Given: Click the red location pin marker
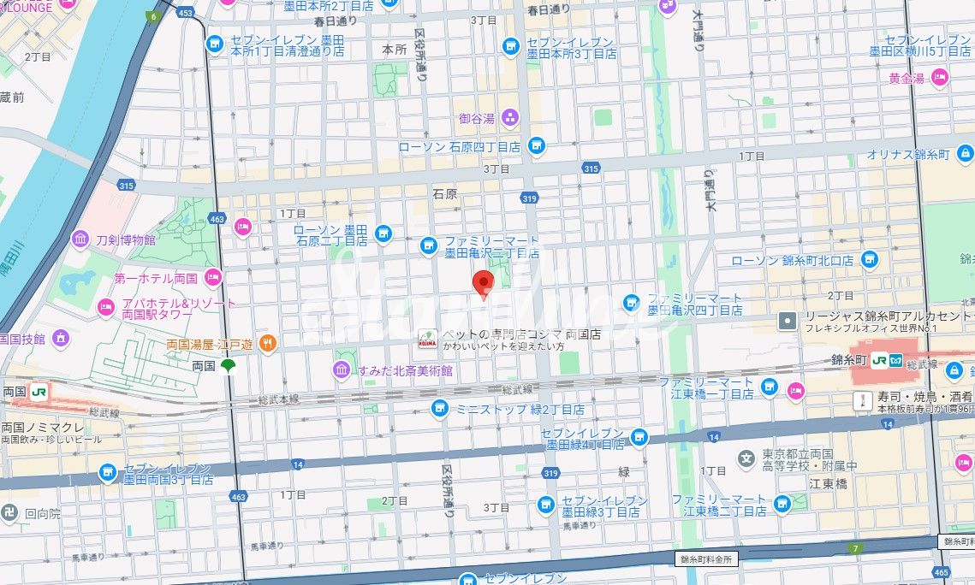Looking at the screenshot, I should pyautogui.click(x=484, y=283).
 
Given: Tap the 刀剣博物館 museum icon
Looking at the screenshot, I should pyautogui.click(x=81, y=239).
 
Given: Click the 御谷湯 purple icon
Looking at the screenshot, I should pyautogui.click(x=510, y=118).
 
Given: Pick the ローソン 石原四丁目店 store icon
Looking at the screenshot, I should pyautogui.click(x=536, y=146).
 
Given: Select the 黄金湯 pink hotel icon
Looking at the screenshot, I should pyautogui.click(x=941, y=79).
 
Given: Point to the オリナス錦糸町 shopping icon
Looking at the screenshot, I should pyautogui.click(x=966, y=154).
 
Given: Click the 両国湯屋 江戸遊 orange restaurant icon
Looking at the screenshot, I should pyautogui.click(x=267, y=343).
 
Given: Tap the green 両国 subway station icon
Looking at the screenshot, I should pyautogui.click(x=227, y=366).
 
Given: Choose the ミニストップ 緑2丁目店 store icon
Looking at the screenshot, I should pyautogui.click(x=439, y=408).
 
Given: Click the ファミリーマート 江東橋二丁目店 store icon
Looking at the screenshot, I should pyautogui.click(x=781, y=505).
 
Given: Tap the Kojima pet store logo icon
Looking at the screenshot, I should pyautogui.click(x=426, y=339).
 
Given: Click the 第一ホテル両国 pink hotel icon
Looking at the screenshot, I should pyautogui.click(x=212, y=277).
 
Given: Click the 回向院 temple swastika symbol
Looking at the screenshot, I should pyautogui.click(x=10, y=513).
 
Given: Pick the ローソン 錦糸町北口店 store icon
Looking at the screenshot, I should pyautogui.click(x=870, y=259).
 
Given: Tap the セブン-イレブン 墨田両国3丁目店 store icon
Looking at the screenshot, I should pyautogui.click(x=107, y=472).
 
